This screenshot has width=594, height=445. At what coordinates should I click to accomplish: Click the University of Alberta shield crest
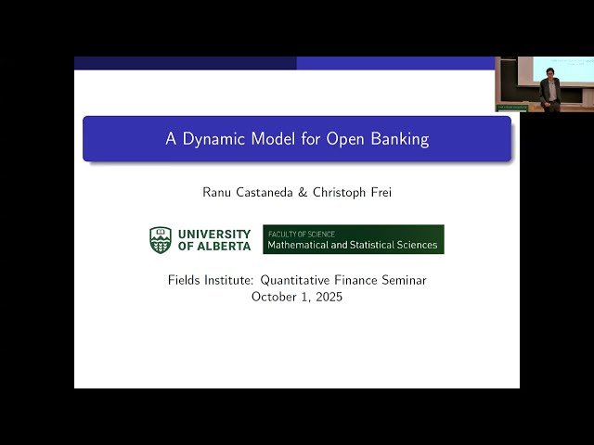161,240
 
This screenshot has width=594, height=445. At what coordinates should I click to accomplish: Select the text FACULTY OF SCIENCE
302,235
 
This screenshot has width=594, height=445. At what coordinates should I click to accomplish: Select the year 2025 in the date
326,297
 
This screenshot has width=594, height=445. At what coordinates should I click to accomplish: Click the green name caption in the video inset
511,108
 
